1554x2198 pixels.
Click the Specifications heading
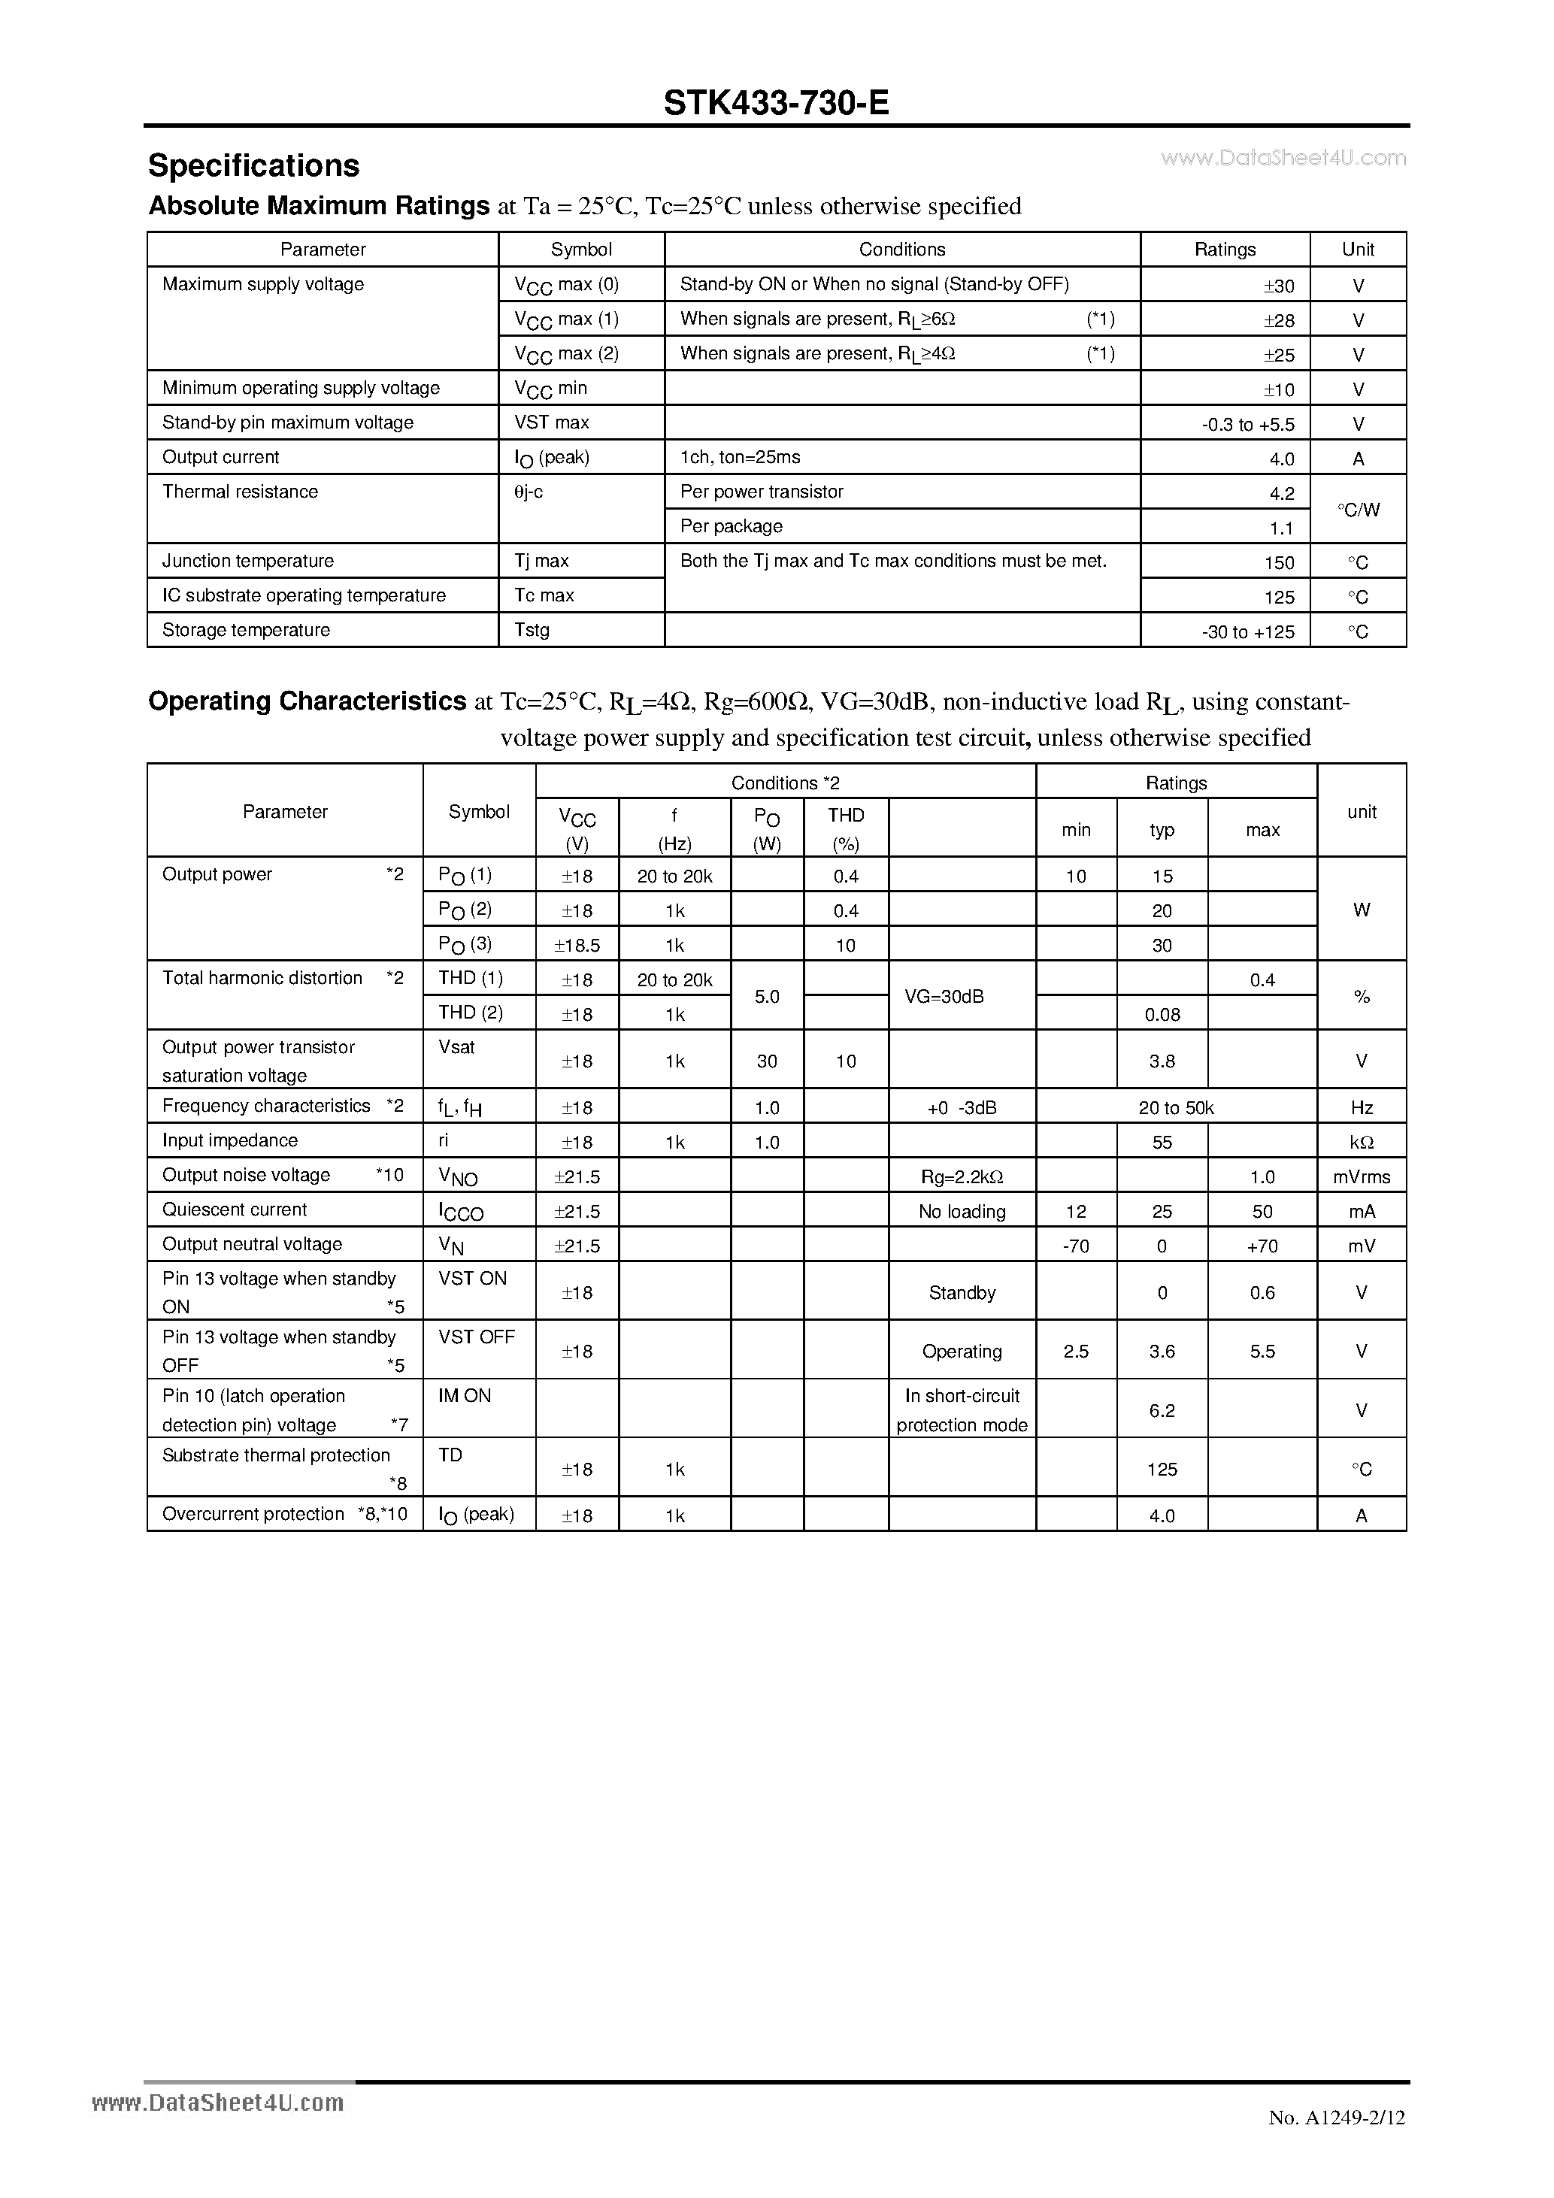click(x=253, y=165)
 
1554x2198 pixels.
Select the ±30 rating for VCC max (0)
click(x=1278, y=286)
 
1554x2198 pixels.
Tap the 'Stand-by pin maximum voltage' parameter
click(x=287, y=422)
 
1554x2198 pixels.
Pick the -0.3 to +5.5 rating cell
click(x=1247, y=424)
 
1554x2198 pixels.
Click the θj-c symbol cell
click(x=529, y=492)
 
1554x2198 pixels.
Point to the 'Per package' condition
click(x=731, y=526)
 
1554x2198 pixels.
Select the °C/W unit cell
click(x=1358, y=510)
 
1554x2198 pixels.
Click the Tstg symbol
click(x=532, y=630)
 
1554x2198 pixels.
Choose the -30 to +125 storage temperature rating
click(x=1247, y=632)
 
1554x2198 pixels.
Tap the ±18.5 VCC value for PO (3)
click(x=577, y=946)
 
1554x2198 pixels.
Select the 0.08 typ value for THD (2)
click(x=1162, y=1015)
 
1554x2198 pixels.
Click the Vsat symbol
click(x=456, y=1047)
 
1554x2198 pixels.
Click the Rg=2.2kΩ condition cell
click(x=962, y=1177)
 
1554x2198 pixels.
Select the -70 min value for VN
click(x=1075, y=1246)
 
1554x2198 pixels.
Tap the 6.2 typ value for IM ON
click(x=1162, y=1411)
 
